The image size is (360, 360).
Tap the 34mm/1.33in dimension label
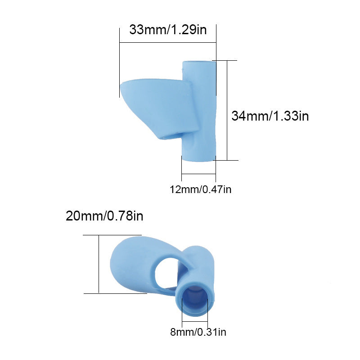tap(270, 116)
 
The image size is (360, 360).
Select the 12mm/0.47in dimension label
tap(200, 189)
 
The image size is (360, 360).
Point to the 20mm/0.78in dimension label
tap(104, 216)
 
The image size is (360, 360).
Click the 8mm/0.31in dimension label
tap(198, 333)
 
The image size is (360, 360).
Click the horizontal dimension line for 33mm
tap(168, 43)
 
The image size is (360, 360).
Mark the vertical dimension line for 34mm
tap(227, 110)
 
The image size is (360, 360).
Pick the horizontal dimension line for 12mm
tap(198, 174)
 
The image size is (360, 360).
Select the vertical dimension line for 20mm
tap(99, 264)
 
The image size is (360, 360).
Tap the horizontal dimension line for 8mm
tap(195, 322)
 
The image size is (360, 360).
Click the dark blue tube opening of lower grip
tap(195, 299)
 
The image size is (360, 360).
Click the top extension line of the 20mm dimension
tap(112, 235)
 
